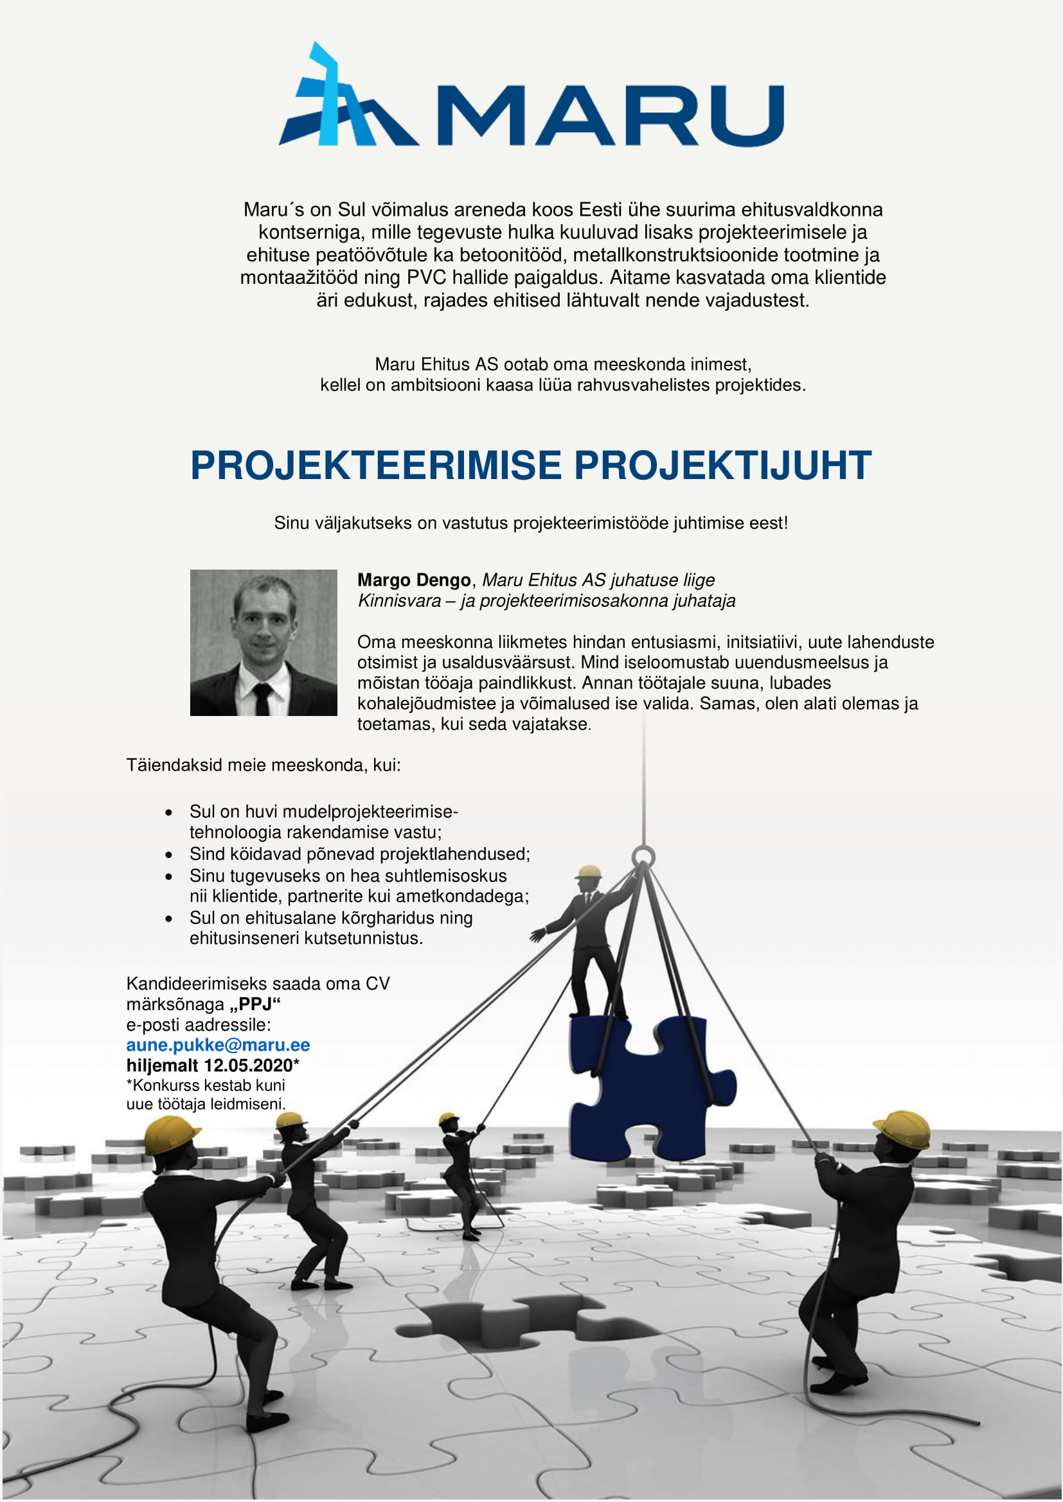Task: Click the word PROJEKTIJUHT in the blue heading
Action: click(x=722, y=466)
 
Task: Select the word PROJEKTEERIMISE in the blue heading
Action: click(x=376, y=466)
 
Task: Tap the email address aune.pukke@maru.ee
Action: click(x=218, y=1045)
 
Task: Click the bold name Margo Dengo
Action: click(x=414, y=581)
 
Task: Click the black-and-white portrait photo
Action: click(x=263, y=642)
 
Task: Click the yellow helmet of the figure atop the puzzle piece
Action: click(x=589, y=871)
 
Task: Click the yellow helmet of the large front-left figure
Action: click(x=171, y=1134)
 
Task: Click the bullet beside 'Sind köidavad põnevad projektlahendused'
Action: click(x=169, y=855)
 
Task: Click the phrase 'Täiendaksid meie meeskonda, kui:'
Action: click(x=263, y=765)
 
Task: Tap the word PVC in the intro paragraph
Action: click(x=426, y=277)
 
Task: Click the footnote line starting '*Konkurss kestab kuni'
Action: click(x=206, y=1085)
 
